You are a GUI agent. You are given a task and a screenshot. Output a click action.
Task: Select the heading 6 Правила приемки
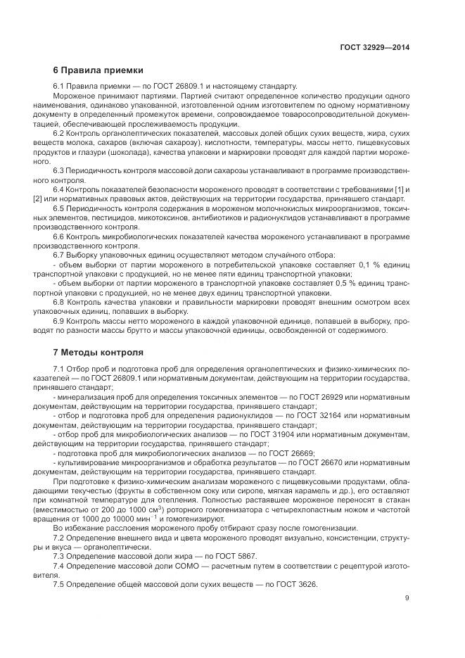pyautogui.click(x=98, y=70)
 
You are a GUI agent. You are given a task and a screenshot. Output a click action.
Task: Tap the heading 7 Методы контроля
pyautogui.click(x=98, y=351)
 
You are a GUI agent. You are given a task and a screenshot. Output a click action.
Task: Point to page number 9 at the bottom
pyautogui.click(x=407, y=598)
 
